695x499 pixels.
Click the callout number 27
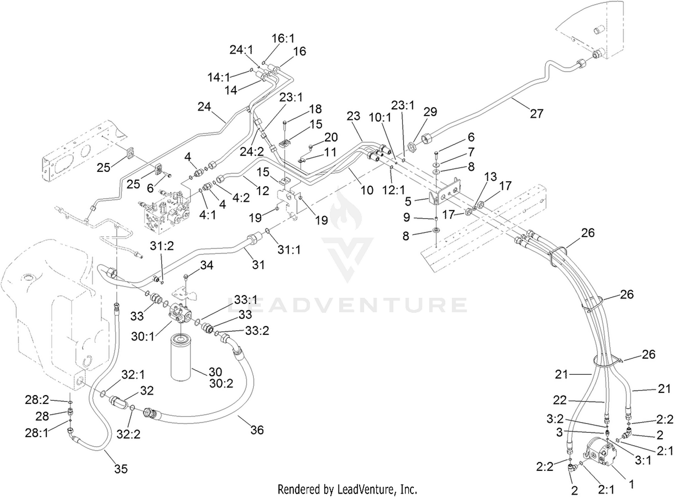click(x=537, y=114)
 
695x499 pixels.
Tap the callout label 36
click(x=257, y=430)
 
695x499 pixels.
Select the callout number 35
click(x=120, y=468)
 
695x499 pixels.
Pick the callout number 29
click(x=430, y=112)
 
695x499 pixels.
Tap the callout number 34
click(x=207, y=265)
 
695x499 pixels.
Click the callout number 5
click(x=408, y=202)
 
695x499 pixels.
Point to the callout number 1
click(x=631, y=484)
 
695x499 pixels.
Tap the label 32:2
click(x=128, y=435)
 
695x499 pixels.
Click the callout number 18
click(x=315, y=109)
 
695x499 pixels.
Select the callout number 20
click(x=331, y=137)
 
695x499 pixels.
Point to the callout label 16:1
click(x=283, y=38)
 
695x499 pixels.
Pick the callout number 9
click(x=407, y=217)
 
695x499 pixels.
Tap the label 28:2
click(x=37, y=400)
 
